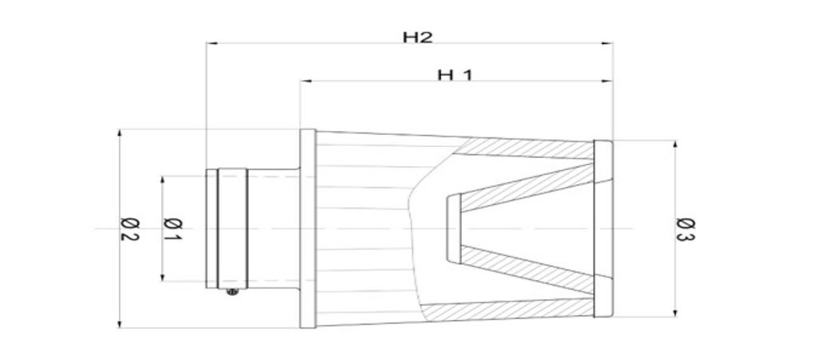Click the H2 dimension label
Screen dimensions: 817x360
click(418, 38)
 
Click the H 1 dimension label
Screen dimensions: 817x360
click(454, 75)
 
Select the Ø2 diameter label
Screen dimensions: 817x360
click(130, 230)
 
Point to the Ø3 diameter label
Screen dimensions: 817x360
click(685, 230)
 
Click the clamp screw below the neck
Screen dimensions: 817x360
click(232, 291)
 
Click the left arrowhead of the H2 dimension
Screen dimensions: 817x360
click(211, 43)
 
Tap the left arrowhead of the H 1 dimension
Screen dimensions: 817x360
click(306, 81)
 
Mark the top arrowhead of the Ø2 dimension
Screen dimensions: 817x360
click(120, 134)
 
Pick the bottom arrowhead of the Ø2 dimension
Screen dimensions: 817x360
click(120, 322)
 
